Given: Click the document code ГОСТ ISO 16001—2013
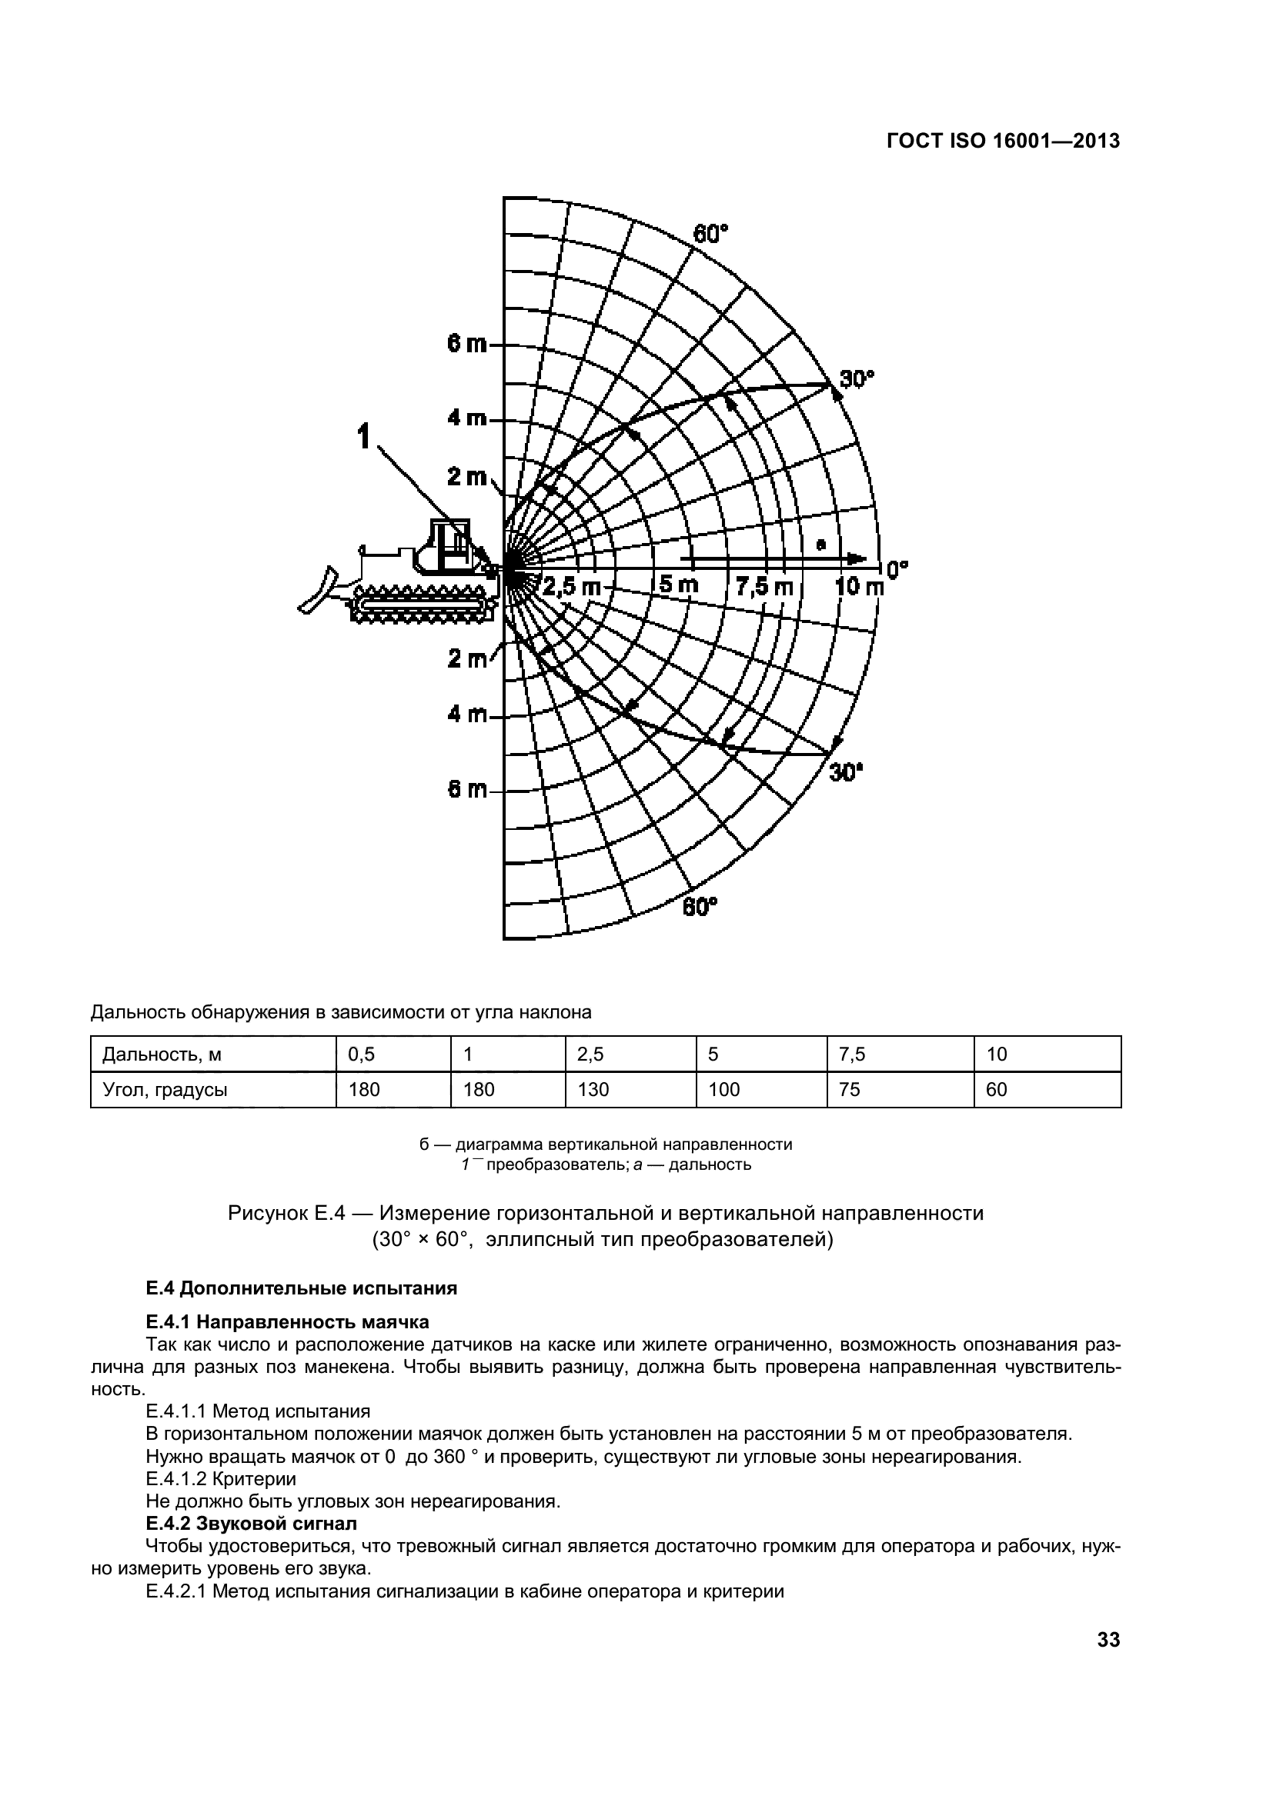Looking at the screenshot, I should [x=1003, y=141].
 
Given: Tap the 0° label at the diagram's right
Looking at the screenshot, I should [x=896, y=569].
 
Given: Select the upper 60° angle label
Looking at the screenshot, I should [x=710, y=234].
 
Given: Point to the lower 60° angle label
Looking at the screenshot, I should [x=699, y=908].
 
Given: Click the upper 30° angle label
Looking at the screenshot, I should [x=857, y=379].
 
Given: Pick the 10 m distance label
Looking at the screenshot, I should [x=858, y=586].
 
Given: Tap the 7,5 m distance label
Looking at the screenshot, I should [x=764, y=586].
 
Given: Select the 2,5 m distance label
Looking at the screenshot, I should [x=571, y=586].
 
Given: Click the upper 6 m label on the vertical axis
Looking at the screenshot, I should [x=466, y=344].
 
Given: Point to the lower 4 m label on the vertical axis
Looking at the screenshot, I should [x=466, y=715].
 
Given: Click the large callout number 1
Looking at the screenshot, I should [x=364, y=437].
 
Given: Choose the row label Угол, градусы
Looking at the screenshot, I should [x=165, y=1089].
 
